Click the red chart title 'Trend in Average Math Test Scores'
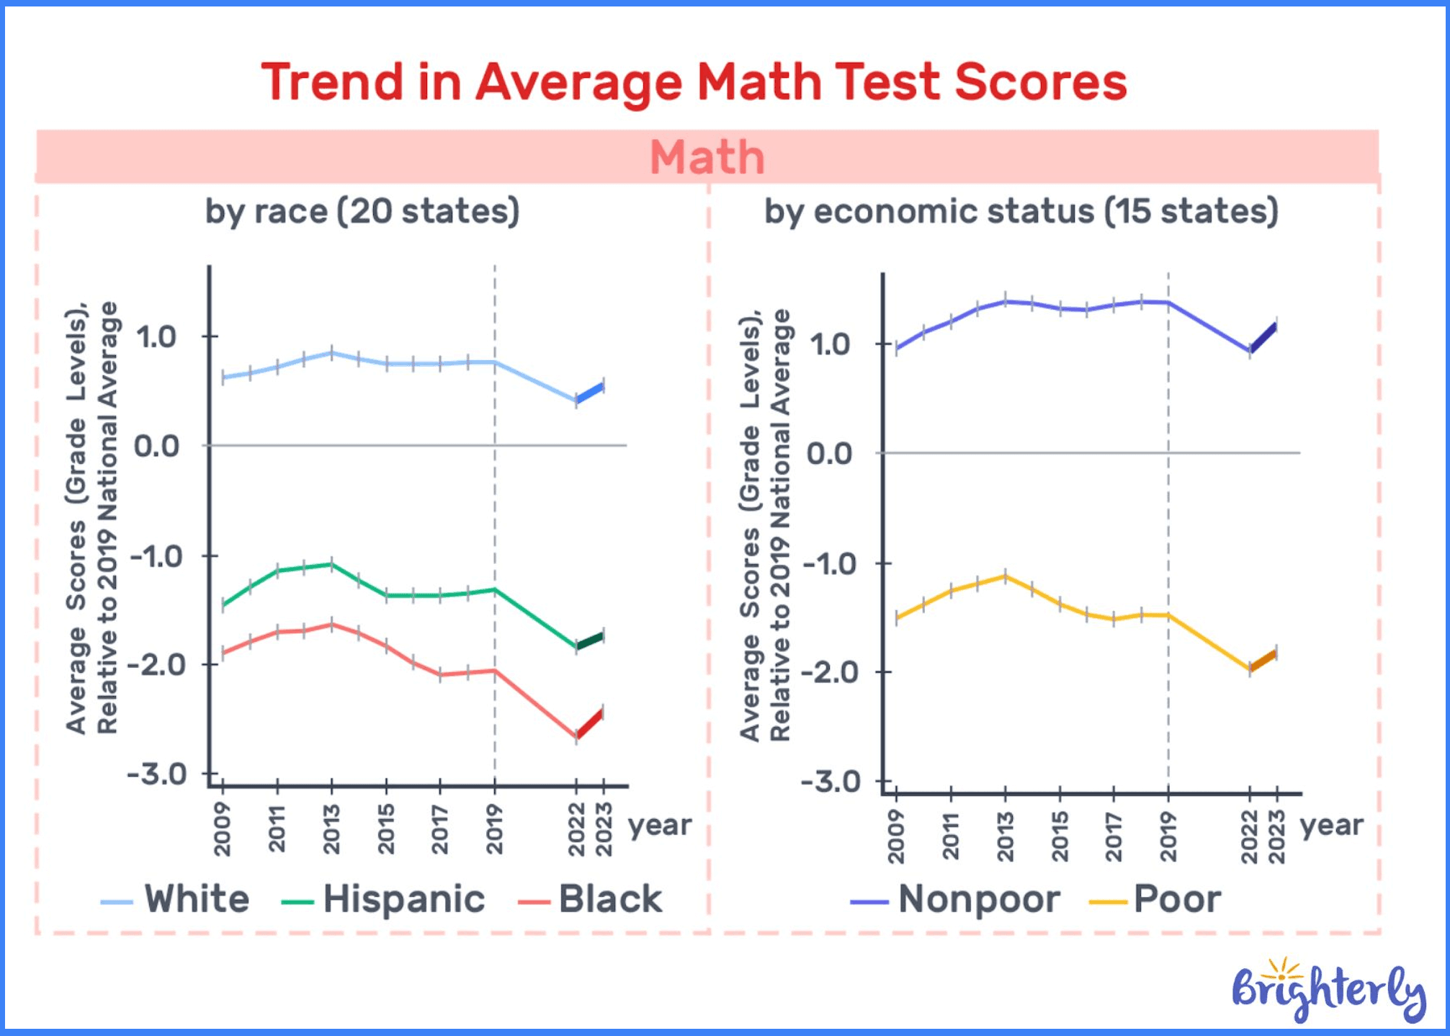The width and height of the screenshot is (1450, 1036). tap(694, 81)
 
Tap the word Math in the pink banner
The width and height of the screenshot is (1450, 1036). tap(707, 156)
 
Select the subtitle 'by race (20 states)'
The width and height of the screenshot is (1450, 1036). tap(362, 212)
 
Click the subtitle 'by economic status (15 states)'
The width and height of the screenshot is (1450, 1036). tap(1021, 212)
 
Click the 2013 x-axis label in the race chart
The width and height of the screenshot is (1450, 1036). tap(331, 829)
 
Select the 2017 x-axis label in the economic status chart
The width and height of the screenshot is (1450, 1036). tap(1114, 836)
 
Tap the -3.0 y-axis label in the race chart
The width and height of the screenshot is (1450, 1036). tap(157, 774)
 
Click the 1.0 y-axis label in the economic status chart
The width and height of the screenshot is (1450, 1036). tap(830, 344)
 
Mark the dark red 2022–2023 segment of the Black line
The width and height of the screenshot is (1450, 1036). tap(590, 724)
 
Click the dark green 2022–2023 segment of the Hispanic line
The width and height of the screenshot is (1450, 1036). tap(590, 640)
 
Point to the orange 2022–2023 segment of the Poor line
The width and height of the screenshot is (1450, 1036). tap(1264, 661)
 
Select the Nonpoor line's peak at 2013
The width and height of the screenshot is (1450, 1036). tap(1006, 301)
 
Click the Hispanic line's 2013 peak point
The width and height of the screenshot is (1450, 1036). tap(331, 563)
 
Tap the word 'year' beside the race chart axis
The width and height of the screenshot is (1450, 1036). tap(659, 825)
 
